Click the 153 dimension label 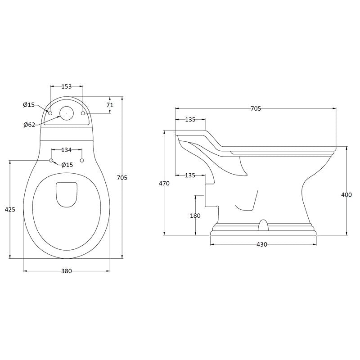point(67,86)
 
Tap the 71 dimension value point(110,105)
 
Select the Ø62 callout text point(29,125)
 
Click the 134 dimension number point(67,150)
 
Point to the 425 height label point(10,209)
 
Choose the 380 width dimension point(67,271)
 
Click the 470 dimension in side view point(164,184)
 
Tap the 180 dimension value point(195,216)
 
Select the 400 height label point(346,195)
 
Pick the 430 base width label point(262,244)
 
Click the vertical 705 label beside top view point(122,177)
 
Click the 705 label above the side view point(256,108)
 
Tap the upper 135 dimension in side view point(190,119)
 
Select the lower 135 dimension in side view point(190,175)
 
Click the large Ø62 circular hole point(66,113)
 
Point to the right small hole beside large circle point(83,113)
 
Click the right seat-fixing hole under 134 point(82,160)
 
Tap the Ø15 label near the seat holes point(67,165)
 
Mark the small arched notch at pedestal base point(263,225)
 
